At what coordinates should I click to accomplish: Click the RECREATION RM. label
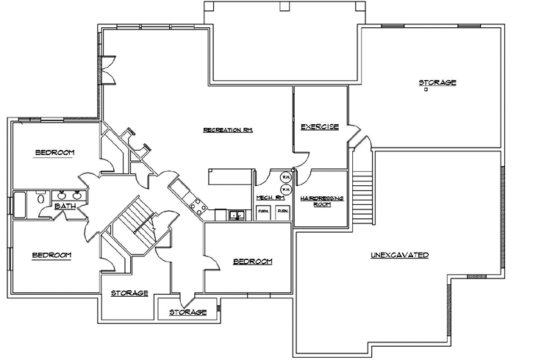click(x=229, y=130)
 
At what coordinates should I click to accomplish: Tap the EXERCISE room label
click(x=320, y=127)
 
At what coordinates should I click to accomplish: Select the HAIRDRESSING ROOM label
click(x=322, y=201)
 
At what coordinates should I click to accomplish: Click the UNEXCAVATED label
click(x=399, y=255)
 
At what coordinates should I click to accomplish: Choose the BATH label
click(x=65, y=206)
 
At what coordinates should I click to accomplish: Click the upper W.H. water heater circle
click(x=285, y=177)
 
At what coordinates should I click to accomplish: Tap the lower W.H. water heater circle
click(x=285, y=189)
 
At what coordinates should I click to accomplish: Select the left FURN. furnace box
click(x=263, y=212)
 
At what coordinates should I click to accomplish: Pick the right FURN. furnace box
click(x=282, y=212)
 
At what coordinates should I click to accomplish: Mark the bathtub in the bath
click(x=20, y=204)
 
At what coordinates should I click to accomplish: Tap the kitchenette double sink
click(x=237, y=215)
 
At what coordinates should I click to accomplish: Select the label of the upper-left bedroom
click(x=54, y=152)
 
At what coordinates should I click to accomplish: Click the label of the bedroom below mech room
click(x=252, y=262)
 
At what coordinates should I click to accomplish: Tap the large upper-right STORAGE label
click(x=437, y=82)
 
